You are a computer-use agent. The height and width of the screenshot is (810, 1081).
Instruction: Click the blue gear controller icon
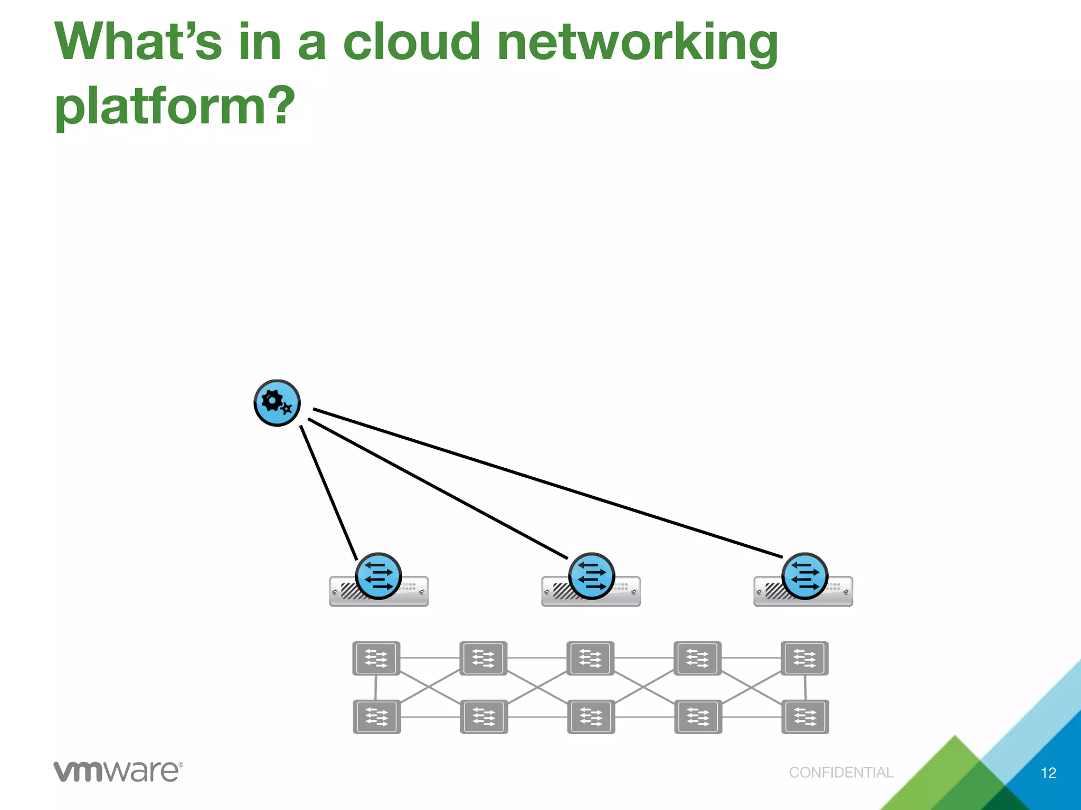[277, 403]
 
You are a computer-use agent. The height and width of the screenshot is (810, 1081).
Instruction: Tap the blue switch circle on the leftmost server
[378, 576]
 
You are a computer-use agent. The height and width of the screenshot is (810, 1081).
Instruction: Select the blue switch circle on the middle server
[591, 576]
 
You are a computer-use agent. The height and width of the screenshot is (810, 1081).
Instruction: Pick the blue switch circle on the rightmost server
[804, 576]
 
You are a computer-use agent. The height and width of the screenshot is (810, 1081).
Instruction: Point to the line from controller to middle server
[438, 488]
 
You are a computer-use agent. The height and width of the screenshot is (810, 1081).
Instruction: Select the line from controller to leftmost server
[329, 493]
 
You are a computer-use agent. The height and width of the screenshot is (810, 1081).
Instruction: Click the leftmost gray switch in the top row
[376, 658]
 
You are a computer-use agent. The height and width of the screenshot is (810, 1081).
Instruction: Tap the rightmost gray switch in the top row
[804, 658]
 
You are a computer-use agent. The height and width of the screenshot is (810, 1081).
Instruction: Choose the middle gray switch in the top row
[590, 658]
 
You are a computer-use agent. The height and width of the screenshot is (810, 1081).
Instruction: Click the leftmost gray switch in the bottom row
[377, 717]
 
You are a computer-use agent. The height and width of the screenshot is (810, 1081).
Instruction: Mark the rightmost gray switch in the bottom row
[805, 717]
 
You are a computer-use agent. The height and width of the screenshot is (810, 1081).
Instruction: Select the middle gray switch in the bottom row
[591, 717]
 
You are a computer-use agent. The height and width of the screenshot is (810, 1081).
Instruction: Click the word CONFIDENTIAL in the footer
[841, 773]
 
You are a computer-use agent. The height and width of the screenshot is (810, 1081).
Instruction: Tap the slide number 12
[1048, 773]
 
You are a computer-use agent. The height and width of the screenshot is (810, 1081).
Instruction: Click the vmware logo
[118, 772]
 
